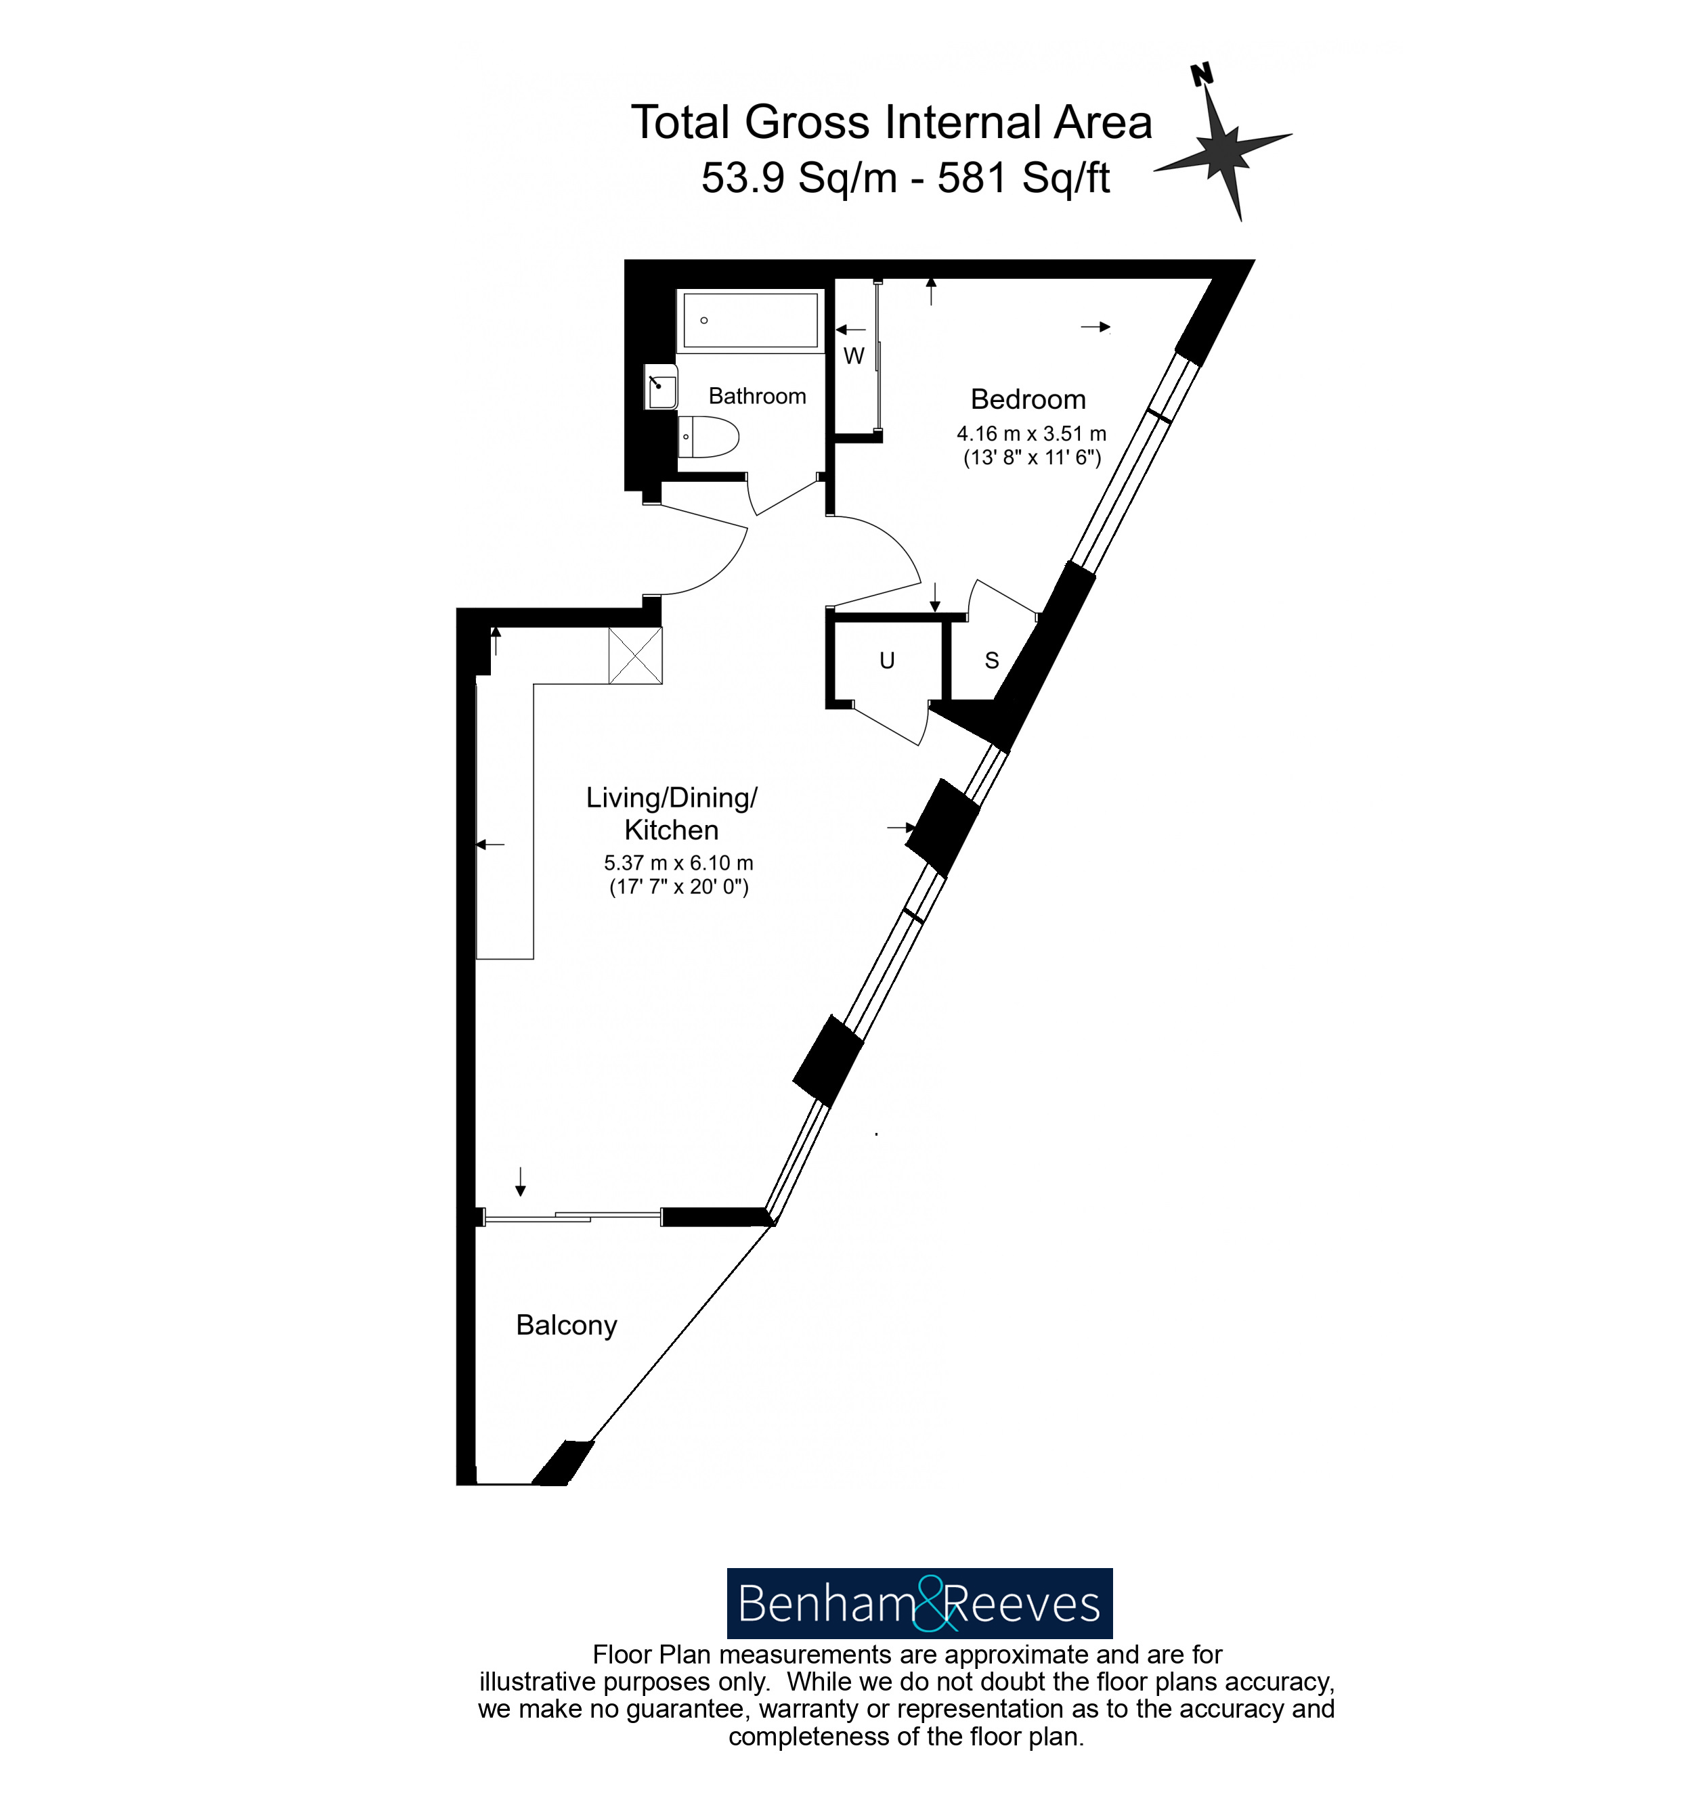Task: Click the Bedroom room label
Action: click(x=1028, y=399)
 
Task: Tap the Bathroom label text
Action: click(x=756, y=396)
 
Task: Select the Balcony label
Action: click(x=566, y=1325)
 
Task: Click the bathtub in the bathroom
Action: click(x=750, y=319)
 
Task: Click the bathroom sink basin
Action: click(x=661, y=386)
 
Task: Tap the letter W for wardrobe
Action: click(x=853, y=356)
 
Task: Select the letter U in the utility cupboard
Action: click(x=886, y=661)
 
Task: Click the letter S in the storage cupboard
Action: click(x=991, y=661)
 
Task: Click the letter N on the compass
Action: click(x=1202, y=74)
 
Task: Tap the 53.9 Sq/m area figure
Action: click(x=798, y=177)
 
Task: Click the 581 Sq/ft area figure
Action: click(x=1023, y=177)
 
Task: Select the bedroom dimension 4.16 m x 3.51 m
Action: click(x=1030, y=434)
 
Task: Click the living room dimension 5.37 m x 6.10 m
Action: click(x=678, y=863)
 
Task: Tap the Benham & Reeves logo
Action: click(x=919, y=1603)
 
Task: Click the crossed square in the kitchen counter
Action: click(x=635, y=655)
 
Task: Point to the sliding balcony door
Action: click(x=571, y=1215)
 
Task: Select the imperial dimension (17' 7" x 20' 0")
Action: click(x=678, y=887)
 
